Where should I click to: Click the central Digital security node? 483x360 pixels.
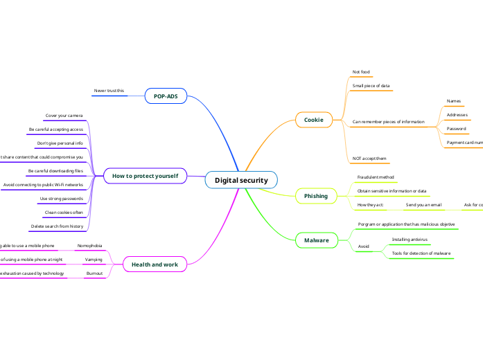[x=241, y=180]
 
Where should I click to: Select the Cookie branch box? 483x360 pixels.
[x=314, y=120]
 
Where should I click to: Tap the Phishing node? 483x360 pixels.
[x=316, y=196]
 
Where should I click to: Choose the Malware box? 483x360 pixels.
[x=316, y=240]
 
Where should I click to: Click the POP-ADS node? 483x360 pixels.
[x=166, y=96]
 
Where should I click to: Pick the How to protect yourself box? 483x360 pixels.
[x=145, y=176]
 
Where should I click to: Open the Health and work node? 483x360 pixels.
[x=155, y=264]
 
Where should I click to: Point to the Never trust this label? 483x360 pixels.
[x=109, y=91]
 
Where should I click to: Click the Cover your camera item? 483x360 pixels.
[x=64, y=116]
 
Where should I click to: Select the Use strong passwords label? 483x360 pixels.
[x=62, y=198]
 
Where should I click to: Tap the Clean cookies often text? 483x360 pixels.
[x=64, y=212]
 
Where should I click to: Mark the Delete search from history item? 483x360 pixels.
[x=57, y=226]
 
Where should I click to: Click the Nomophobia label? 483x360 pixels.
[x=89, y=246]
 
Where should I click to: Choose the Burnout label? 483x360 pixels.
[x=94, y=273]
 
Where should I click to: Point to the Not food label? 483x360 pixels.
[x=361, y=72]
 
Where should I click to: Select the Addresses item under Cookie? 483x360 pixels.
[x=457, y=115]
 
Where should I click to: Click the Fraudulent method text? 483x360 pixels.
[x=371, y=177]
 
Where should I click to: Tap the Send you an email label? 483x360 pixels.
[x=423, y=205]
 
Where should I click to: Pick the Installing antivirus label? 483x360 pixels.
[x=410, y=239]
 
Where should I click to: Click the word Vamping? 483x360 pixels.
[x=94, y=260]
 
